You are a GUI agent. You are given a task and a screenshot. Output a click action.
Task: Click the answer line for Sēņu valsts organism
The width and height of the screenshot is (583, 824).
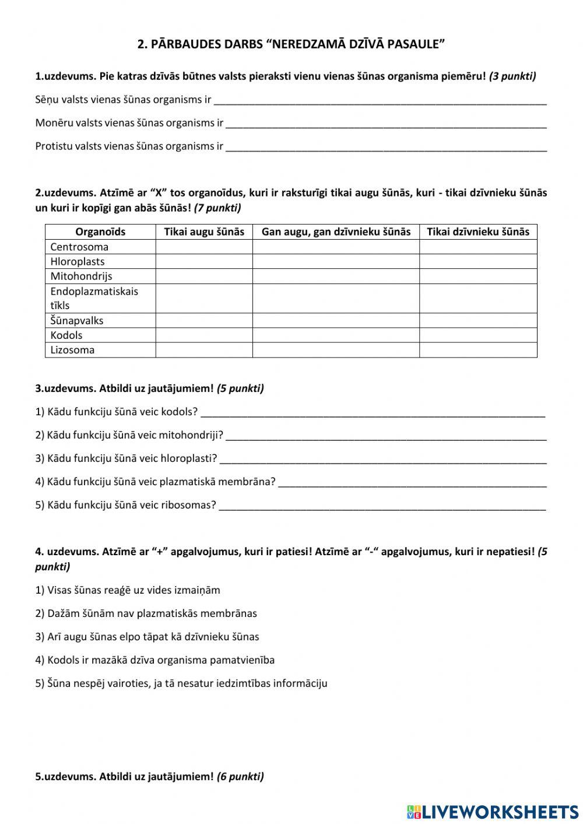[380, 100]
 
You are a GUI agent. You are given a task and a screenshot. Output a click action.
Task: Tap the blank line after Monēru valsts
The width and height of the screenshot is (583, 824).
[385, 124]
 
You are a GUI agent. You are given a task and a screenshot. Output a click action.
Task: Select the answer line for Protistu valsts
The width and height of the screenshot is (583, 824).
[385, 147]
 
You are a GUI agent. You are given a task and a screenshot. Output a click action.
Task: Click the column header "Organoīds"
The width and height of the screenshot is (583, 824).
[100, 232]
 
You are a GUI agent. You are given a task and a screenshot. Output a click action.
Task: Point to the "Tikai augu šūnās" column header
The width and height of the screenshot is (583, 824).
[204, 232]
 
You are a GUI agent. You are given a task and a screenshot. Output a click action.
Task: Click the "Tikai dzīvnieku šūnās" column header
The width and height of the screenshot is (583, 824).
[478, 232]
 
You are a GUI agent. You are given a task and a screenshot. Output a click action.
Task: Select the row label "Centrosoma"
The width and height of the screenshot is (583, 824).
[79, 247]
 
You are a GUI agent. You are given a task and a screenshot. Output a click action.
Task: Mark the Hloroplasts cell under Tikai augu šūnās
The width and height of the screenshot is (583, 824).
[204, 261]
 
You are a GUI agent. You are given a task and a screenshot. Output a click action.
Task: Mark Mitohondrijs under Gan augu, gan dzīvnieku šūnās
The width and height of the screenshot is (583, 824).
[336, 276]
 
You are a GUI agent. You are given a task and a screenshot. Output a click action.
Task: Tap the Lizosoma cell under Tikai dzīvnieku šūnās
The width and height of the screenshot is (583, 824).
[478, 350]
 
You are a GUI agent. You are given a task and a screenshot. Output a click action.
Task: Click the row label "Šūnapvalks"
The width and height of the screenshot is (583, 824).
[77, 320]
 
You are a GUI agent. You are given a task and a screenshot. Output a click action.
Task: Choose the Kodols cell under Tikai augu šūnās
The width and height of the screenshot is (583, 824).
[204, 335]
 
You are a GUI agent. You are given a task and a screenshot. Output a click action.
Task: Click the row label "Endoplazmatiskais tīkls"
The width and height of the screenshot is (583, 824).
[94, 298]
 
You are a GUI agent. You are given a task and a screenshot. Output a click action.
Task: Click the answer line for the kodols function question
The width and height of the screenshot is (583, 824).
[373, 412]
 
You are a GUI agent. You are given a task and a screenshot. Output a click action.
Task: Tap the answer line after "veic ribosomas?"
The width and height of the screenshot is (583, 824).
[382, 506]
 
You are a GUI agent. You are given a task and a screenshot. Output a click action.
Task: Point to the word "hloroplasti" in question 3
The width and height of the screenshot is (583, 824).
[187, 458]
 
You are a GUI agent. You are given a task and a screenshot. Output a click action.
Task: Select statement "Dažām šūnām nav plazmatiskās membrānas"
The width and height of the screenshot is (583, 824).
[146, 613]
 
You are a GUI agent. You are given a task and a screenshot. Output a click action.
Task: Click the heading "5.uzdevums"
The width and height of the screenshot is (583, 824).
[66, 776]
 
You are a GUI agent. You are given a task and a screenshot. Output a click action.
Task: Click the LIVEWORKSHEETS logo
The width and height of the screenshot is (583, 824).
[493, 811]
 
